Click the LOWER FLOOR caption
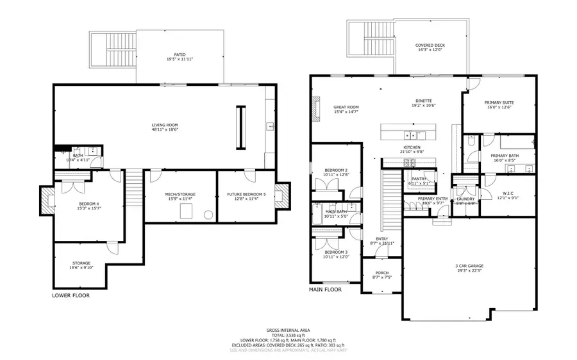click(71, 296)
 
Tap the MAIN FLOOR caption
click(326, 290)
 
